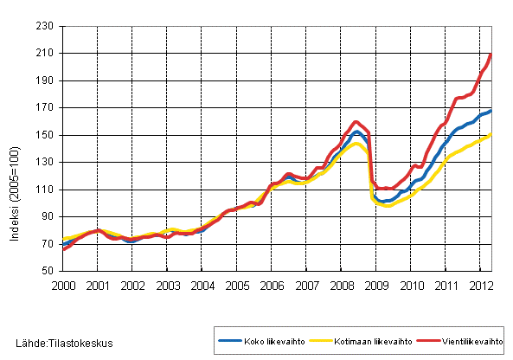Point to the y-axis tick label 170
click(x=47, y=108)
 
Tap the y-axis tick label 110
click(x=47, y=190)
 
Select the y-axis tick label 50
click(x=49, y=271)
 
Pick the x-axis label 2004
click(x=202, y=285)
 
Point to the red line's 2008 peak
click(x=356, y=122)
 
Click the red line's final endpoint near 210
click(x=491, y=55)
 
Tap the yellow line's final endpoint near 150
click(x=491, y=135)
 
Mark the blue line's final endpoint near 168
click(x=491, y=111)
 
